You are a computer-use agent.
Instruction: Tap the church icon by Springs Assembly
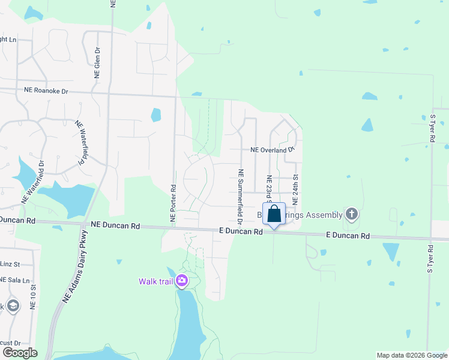click(x=352, y=214)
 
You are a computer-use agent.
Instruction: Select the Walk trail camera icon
click(x=181, y=281)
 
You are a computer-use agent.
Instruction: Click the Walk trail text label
click(x=155, y=281)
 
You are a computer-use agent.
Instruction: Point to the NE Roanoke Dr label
click(x=46, y=91)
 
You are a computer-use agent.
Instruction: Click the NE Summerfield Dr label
click(x=241, y=196)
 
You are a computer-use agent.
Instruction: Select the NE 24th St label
click(x=295, y=191)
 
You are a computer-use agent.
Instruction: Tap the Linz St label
click(x=10, y=264)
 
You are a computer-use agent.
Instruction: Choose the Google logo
click(x=20, y=352)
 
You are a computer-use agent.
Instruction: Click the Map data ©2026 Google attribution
click(x=411, y=355)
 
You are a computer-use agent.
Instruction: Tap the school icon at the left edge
click(x=13, y=307)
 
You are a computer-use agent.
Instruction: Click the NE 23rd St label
click(x=270, y=189)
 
